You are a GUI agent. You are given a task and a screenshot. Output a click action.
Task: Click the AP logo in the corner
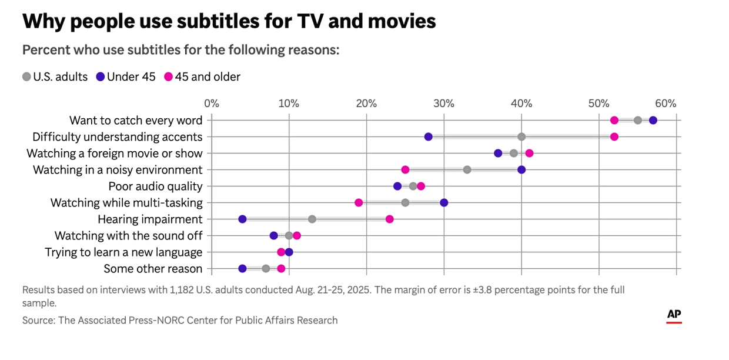point(674,316)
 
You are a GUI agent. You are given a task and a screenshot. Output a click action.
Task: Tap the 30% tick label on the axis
point(444,104)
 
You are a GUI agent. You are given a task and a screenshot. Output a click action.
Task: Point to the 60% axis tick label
point(666,104)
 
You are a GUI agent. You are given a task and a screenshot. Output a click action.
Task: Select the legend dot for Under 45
point(101,76)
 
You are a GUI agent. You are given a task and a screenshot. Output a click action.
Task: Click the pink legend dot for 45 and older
point(169,76)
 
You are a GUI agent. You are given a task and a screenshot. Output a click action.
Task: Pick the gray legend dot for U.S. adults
point(26,76)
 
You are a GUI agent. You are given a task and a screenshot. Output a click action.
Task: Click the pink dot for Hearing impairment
point(389,219)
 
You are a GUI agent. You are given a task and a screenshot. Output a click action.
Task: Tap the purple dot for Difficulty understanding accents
point(428,137)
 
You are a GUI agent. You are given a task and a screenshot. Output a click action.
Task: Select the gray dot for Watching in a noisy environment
point(467,170)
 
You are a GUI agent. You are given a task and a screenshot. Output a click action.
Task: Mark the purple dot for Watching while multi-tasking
point(444,203)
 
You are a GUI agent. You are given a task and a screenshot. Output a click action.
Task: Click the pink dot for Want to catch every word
point(614,121)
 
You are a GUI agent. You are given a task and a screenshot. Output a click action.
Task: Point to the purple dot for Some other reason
point(242,269)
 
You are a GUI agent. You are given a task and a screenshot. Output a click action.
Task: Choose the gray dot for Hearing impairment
point(312,219)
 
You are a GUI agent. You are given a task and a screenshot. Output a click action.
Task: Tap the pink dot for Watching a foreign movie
point(529,154)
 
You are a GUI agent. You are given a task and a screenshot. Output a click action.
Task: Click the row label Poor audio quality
point(155,186)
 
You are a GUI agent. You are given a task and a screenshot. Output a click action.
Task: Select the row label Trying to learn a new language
point(123,252)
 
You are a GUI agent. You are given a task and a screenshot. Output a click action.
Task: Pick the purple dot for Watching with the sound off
point(273,236)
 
